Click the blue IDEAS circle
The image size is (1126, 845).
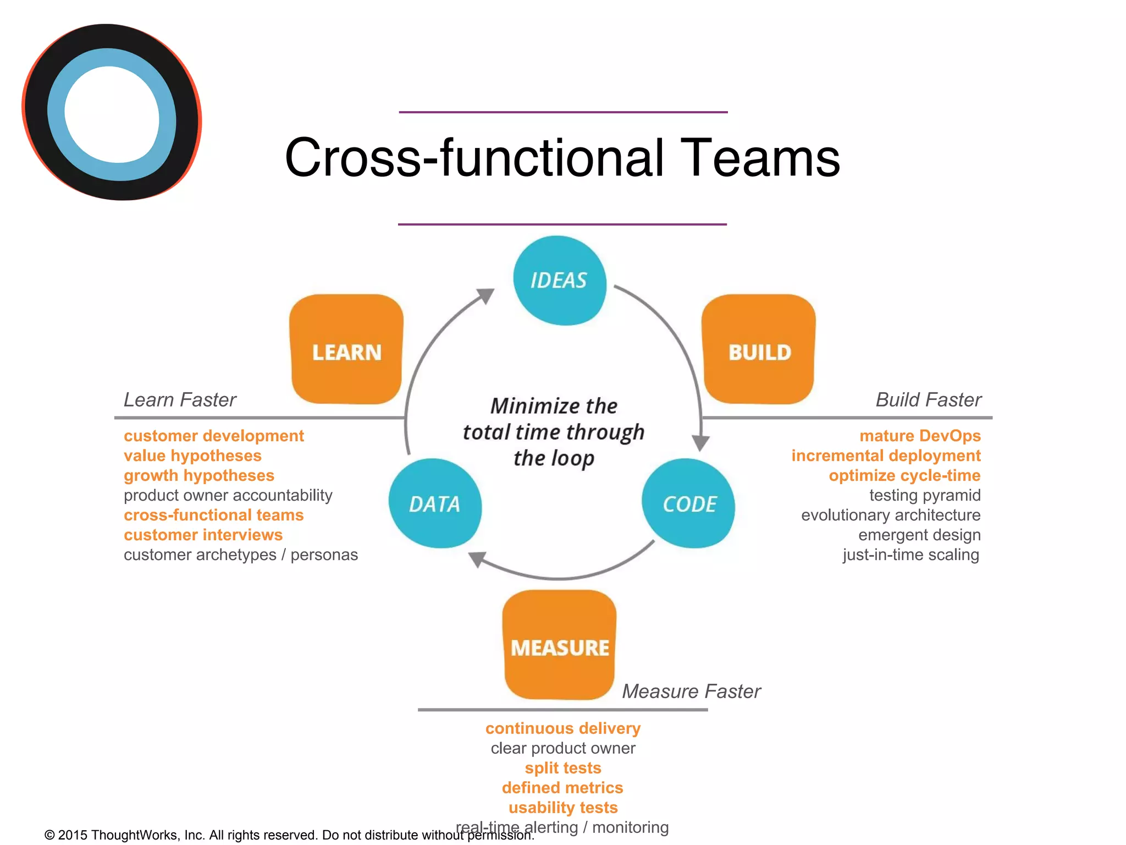click(559, 281)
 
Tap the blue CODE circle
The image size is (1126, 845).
click(688, 503)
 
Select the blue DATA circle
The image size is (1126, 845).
click(435, 503)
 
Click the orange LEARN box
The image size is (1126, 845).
click(346, 350)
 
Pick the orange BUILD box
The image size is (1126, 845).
click(759, 350)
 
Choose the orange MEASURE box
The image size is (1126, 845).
click(560, 645)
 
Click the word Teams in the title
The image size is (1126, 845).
click(760, 158)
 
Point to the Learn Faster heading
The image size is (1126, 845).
click(180, 399)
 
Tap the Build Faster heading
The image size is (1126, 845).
click(928, 399)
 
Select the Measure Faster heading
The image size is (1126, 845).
click(691, 691)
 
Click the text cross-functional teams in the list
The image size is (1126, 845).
click(213, 515)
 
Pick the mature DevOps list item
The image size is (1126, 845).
click(920, 436)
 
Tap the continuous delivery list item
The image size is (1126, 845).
click(562, 728)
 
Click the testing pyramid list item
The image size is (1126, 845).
click(925, 495)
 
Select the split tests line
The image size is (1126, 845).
click(562, 768)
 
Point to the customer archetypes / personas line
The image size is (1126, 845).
click(240, 555)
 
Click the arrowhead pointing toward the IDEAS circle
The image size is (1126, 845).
click(486, 295)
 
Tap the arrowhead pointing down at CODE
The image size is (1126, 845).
click(700, 442)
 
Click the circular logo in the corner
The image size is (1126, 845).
click(112, 112)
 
